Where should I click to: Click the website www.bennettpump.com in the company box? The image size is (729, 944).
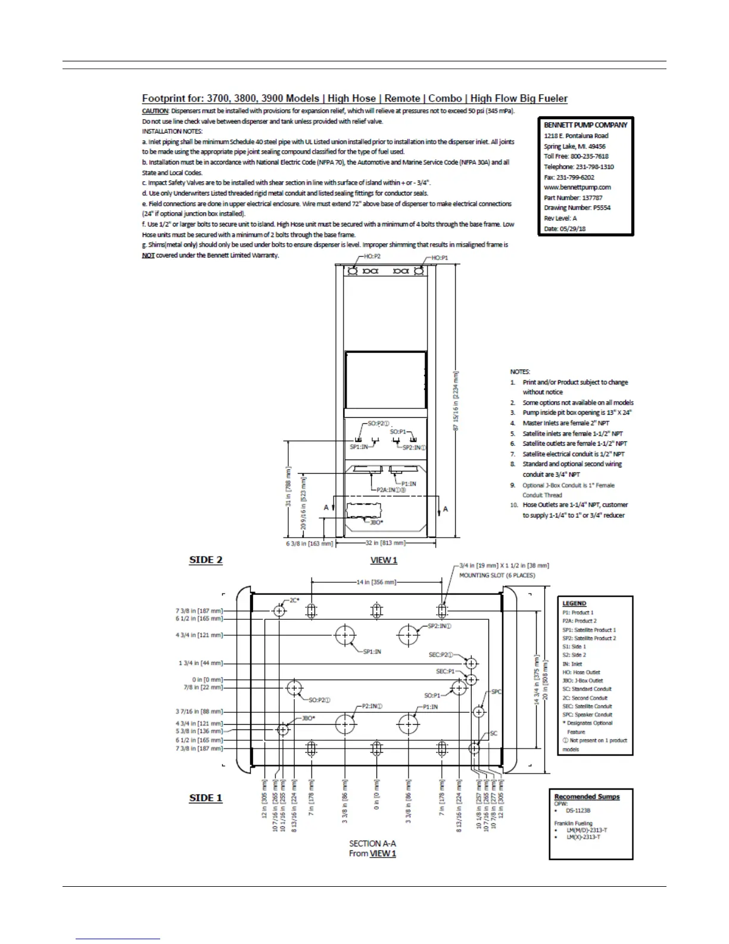[577, 187]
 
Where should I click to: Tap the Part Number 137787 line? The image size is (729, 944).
[573, 197]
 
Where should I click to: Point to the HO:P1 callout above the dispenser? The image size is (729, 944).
[439, 257]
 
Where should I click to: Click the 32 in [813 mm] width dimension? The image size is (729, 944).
[385, 543]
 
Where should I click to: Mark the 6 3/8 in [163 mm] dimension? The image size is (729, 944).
[309, 544]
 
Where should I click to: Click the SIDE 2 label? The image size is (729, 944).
[205, 560]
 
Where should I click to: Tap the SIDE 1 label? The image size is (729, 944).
[205, 798]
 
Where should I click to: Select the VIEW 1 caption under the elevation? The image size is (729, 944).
[384, 560]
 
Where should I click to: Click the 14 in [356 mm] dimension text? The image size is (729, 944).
[376, 582]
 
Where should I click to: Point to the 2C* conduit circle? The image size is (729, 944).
[279, 610]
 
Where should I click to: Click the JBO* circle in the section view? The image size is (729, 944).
[282, 729]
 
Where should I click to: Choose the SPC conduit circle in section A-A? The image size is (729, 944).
[479, 712]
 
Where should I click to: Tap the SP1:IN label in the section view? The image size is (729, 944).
[372, 651]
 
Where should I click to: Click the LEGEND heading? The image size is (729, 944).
[574, 604]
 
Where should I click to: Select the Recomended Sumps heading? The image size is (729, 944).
[587, 797]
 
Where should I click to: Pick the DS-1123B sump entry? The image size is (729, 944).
[578, 811]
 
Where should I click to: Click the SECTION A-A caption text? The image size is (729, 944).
[372, 843]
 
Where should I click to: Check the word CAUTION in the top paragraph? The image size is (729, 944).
[155, 111]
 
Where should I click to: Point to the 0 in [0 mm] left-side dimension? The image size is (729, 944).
[207, 679]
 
